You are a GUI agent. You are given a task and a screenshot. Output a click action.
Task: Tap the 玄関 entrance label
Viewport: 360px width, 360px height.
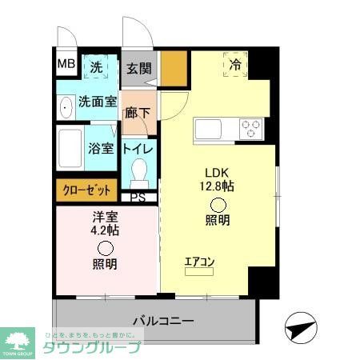pos(139,68)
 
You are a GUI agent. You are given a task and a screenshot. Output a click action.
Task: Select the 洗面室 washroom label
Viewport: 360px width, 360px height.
pos(98,102)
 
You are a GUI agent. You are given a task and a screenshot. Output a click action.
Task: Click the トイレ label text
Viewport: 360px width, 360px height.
pos(138,148)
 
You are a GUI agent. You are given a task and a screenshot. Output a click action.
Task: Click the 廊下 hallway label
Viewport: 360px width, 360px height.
pos(138,112)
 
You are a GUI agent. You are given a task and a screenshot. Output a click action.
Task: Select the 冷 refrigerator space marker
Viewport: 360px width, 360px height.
pos(235,63)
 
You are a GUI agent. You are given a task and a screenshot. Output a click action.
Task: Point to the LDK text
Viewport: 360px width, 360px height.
pos(218,172)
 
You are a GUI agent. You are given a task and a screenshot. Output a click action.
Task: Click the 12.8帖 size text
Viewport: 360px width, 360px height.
pos(218,186)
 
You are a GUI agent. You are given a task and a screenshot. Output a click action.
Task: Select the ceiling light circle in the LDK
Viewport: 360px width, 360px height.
pos(218,204)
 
